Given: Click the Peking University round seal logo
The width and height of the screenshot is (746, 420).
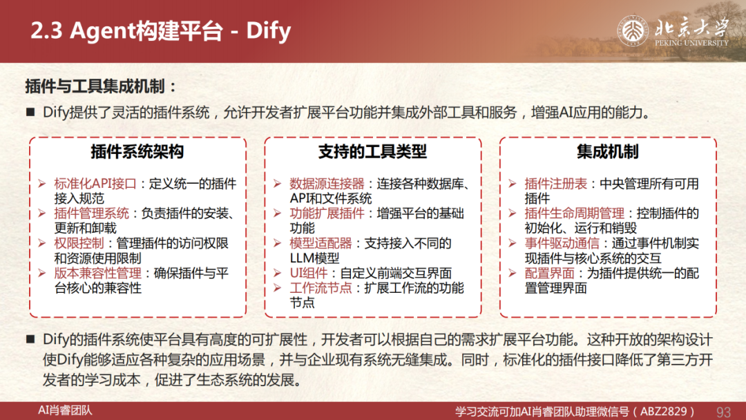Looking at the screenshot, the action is [633, 31].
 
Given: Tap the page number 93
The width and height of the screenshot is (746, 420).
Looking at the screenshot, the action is [723, 412].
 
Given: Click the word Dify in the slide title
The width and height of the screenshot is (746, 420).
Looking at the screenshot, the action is [268, 31].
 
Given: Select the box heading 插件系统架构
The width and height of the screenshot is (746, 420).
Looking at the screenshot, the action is [137, 152].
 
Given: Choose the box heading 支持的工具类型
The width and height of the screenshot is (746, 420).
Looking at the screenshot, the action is [372, 152].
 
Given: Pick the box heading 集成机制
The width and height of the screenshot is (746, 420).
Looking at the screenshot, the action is [608, 152].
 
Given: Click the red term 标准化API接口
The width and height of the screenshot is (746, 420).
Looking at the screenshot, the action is [95, 184].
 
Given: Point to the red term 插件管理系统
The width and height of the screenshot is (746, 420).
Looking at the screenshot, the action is [91, 213].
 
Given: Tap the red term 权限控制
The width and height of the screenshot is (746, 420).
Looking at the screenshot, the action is [79, 243].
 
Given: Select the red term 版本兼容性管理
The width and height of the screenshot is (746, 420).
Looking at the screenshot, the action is [97, 273].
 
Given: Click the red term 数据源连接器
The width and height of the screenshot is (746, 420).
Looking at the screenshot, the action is [327, 184].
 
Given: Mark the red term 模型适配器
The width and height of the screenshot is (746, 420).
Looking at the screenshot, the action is [321, 243].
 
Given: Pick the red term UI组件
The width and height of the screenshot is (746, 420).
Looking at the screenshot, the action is [309, 273].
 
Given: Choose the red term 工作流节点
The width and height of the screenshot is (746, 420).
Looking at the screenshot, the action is [321, 288].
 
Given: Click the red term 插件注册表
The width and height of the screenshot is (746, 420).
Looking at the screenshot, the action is [555, 184].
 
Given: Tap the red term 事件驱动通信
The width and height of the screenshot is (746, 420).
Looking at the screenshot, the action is [562, 243].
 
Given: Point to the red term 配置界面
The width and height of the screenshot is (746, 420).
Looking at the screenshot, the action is [550, 273].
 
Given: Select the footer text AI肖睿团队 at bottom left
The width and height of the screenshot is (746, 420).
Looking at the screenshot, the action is [65, 410].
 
